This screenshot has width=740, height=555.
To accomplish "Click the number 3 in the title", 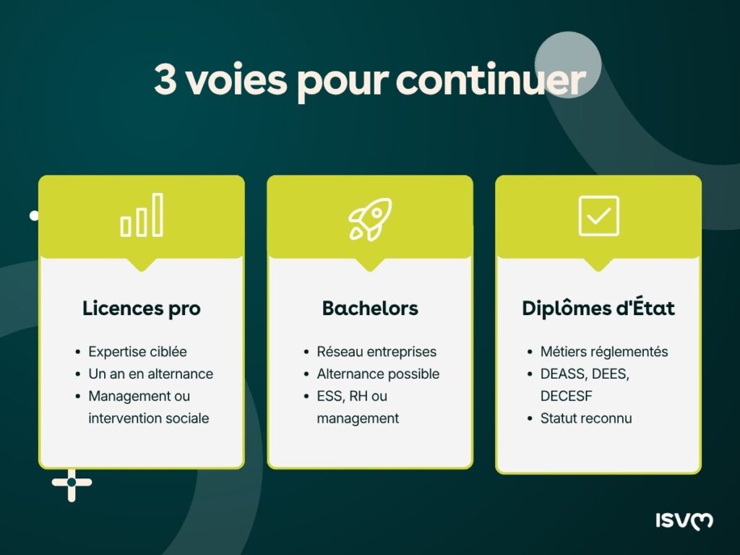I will click(165, 80).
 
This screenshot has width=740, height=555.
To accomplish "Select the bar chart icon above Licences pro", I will click(142, 215).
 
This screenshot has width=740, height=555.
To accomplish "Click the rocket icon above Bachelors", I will click(370, 219).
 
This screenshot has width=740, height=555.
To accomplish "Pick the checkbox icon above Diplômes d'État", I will click(598, 216).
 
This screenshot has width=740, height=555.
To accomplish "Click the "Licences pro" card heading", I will click(142, 309).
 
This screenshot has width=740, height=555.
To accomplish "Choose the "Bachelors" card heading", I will click(370, 309).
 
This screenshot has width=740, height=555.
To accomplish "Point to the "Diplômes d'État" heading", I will click(598, 309).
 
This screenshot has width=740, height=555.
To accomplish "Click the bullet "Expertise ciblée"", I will click(137, 352).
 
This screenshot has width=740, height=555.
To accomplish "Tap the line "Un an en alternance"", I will click(150, 374).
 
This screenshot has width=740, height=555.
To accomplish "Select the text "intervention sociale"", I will click(148, 418).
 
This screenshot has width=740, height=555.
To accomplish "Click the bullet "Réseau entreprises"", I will click(377, 352).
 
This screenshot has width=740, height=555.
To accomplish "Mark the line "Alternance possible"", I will click(378, 374).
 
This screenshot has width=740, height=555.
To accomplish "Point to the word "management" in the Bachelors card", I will click(358, 418).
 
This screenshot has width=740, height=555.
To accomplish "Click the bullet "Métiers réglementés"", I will click(604, 352).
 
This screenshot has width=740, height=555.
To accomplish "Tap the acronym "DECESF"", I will click(566, 397).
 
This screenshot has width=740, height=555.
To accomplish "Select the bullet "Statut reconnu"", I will click(586, 418).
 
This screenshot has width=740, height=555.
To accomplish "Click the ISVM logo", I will click(684, 520).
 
